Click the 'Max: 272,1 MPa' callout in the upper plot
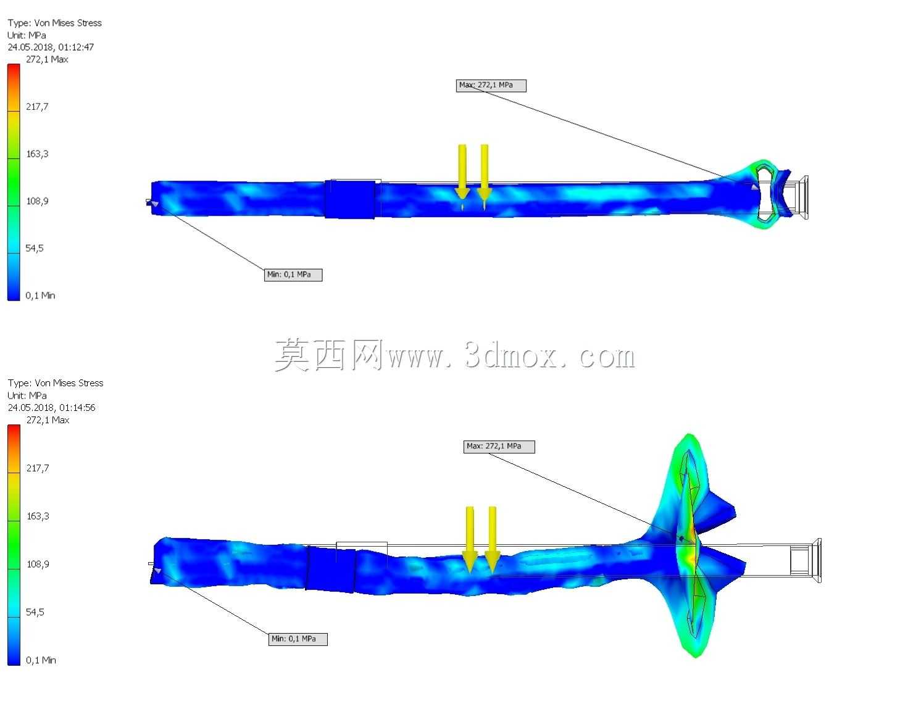[x=491, y=86]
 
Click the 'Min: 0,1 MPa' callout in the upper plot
[x=293, y=275]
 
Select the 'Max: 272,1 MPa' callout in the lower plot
[x=499, y=447]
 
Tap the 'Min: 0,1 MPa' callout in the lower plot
[x=298, y=639]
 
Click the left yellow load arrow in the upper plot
[x=462, y=172]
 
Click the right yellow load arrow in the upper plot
[x=485, y=172]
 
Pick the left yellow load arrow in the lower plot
[x=470, y=539]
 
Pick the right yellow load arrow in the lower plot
[x=492, y=539]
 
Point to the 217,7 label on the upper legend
[x=37, y=107]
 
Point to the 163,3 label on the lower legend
[x=38, y=516]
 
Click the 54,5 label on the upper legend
[x=35, y=249]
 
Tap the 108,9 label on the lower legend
[x=38, y=564]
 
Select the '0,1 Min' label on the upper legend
[x=40, y=296]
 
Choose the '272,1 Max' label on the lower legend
[x=48, y=420]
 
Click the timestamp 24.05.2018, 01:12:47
[x=51, y=47]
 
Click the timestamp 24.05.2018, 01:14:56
[x=51, y=408]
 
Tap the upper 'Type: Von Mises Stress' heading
[x=55, y=23]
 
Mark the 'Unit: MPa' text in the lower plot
[x=27, y=395]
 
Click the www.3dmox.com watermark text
[x=511, y=356]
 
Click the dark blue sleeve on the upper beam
[x=350, y=199]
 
